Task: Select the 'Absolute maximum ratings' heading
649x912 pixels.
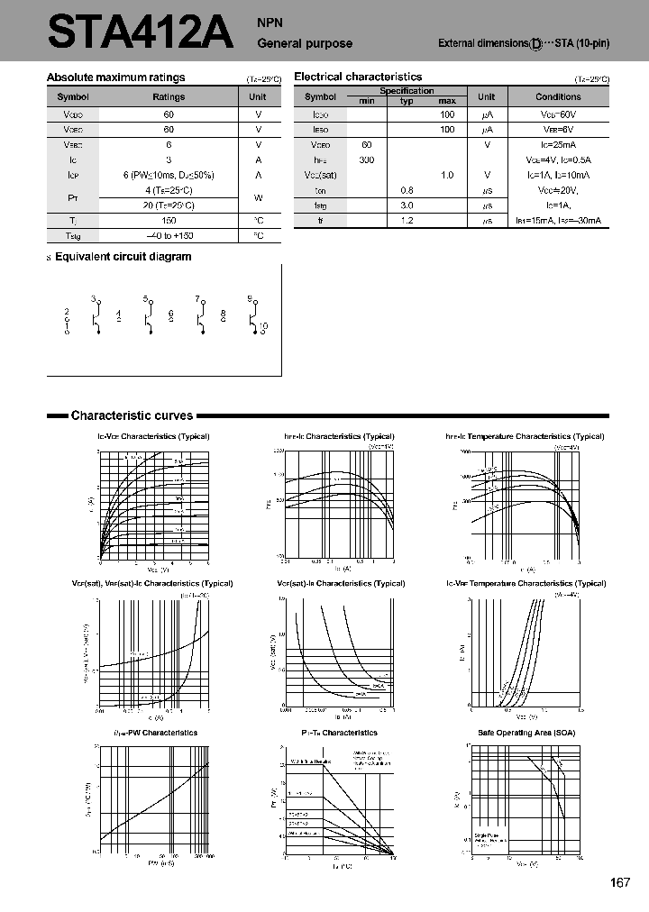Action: [x=115, y=78]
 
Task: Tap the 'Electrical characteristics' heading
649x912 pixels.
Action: [x=358, y=78]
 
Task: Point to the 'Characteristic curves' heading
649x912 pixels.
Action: [x=132, y=415]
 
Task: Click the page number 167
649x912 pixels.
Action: [x=619, y=882]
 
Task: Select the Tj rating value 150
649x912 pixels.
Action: [x=169, y=220]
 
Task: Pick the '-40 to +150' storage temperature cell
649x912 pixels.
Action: [x=169, y=235]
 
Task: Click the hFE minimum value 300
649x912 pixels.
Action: [x=367, y=160]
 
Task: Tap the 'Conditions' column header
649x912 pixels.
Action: [x=558, y=96]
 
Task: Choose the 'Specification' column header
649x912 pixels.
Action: [x=407, y=91]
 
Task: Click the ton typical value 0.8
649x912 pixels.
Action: [x=407, y=190]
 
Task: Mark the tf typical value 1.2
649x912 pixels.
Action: [x=407, y=220]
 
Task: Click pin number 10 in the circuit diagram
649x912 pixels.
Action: [x=263, y=325]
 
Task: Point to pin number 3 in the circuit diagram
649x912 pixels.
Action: [x=93, y=298]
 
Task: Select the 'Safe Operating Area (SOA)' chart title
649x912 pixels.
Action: [x=526, y=733]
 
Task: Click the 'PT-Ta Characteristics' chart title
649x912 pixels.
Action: [x=340, y=733]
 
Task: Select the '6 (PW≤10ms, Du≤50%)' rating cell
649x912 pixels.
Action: [x=169, y=175]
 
